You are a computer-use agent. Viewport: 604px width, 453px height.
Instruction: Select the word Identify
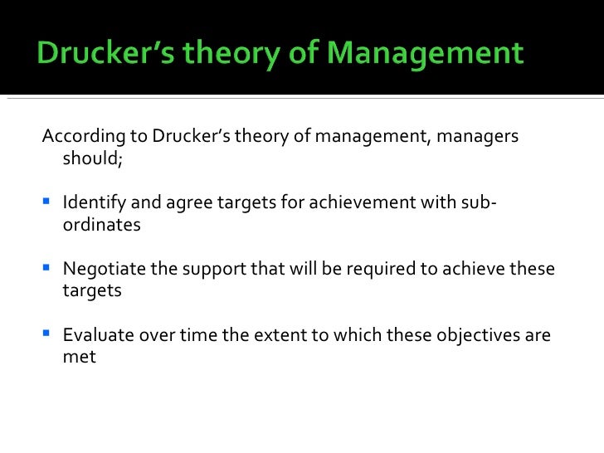coord(91,202)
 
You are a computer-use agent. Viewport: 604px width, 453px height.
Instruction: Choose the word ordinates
coord(101,225)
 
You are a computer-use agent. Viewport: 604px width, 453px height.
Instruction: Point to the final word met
coord(80,358)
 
